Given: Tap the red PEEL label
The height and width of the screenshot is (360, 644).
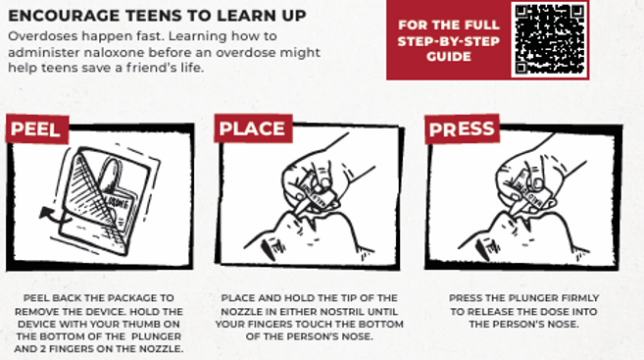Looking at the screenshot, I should click(x=34, y=129).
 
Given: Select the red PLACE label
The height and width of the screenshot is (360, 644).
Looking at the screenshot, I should click(x=252, y=129).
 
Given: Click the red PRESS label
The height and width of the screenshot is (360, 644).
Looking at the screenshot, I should click(x=461, y=129).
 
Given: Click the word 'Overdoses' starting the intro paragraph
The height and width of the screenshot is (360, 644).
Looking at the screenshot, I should click(x=37, y=36).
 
